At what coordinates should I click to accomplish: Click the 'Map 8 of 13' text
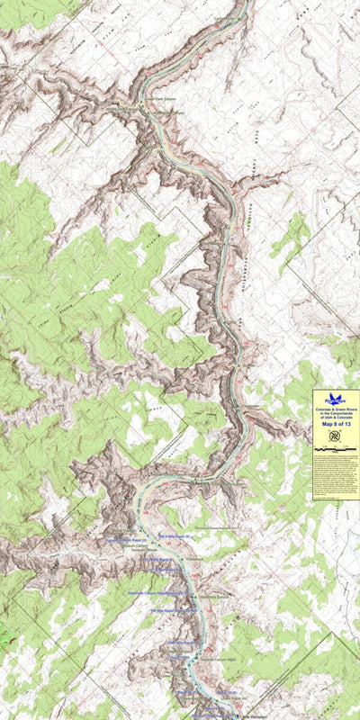336,425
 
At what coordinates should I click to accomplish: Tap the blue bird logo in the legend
336,399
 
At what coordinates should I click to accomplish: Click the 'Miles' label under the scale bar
336,452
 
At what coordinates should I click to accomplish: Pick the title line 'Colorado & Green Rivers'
336,409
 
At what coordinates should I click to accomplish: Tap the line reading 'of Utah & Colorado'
336,418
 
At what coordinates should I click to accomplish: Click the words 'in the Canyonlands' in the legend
336,414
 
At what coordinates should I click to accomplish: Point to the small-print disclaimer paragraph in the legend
336,472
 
